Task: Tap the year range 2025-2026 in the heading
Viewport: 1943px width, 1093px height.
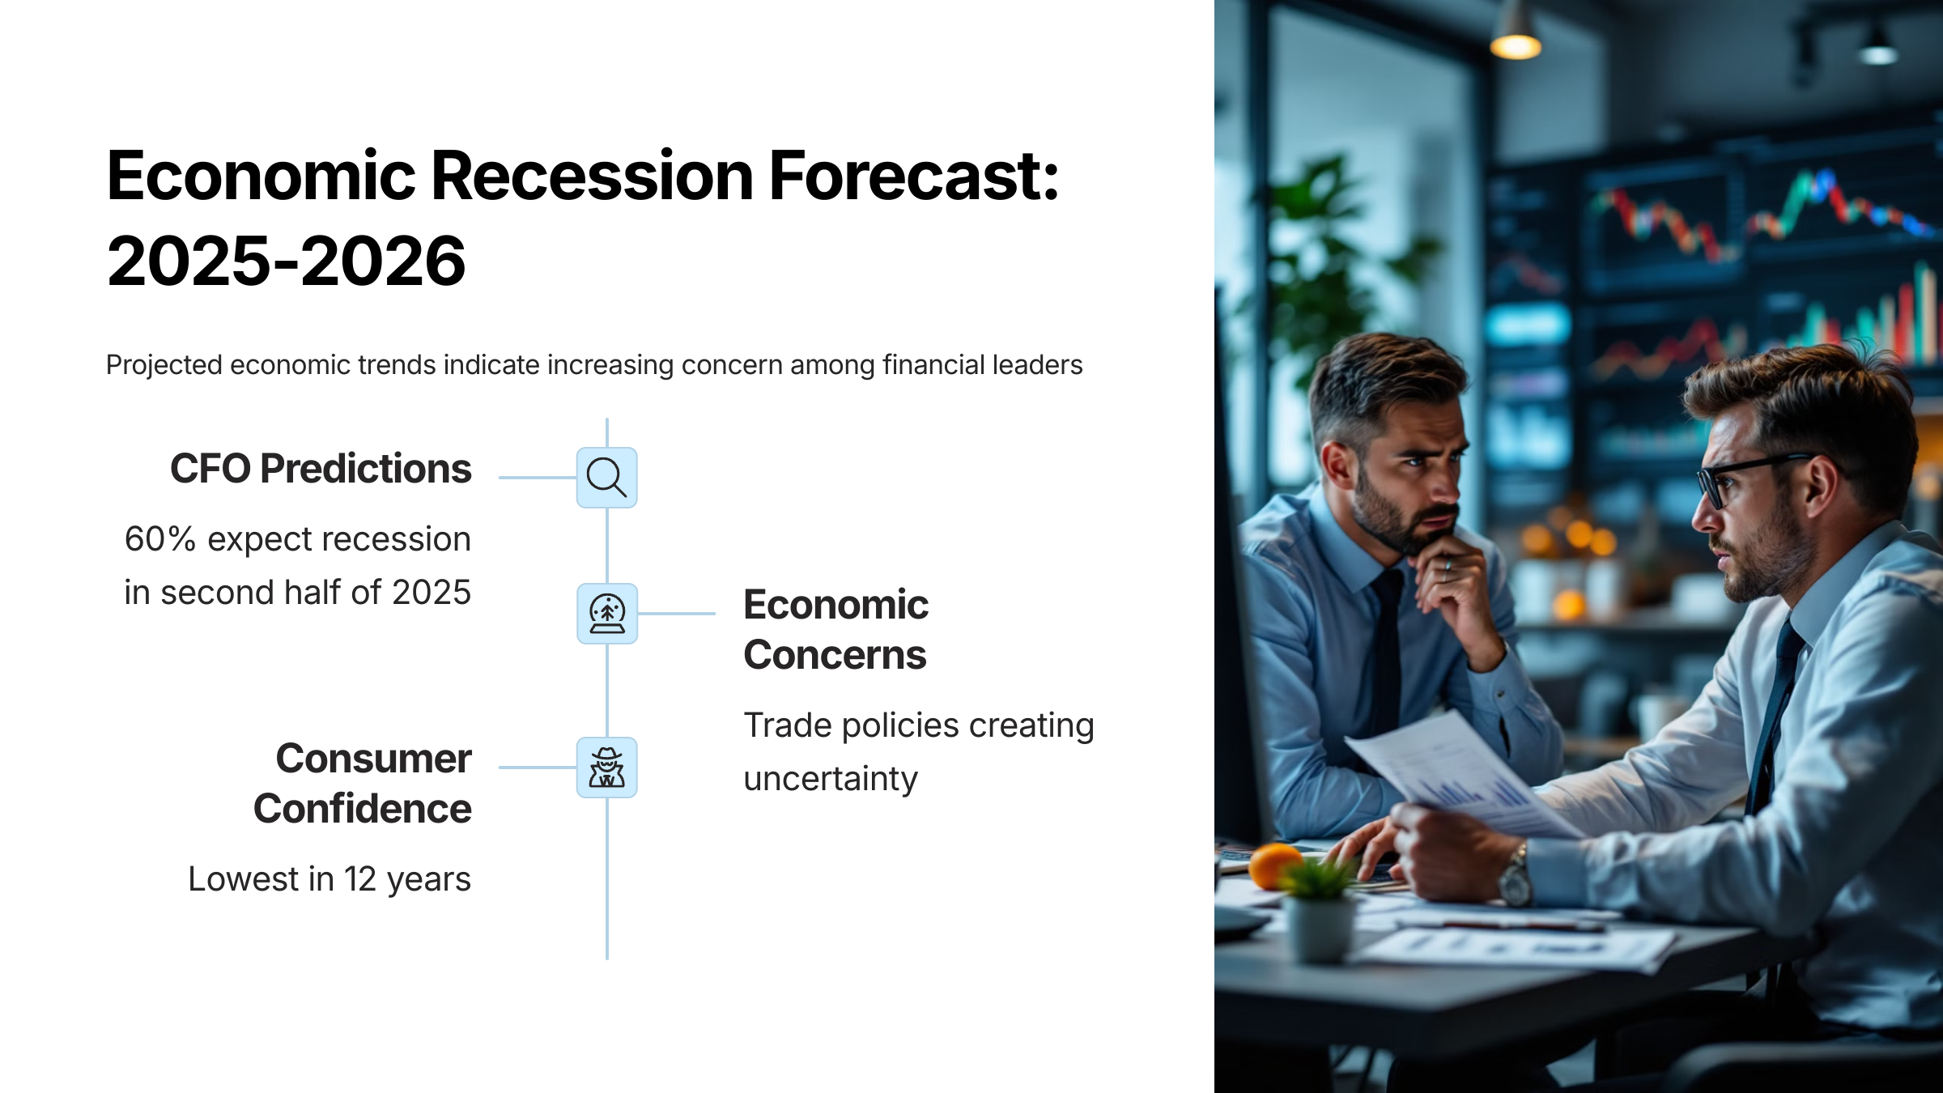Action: click(287, 262)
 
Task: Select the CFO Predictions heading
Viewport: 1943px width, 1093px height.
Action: click(321, 469)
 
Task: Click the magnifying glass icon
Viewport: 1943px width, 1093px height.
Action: click(606, 478)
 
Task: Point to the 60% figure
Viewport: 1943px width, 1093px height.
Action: click(160, 539)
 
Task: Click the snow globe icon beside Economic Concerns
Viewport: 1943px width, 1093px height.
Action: click(607, 614)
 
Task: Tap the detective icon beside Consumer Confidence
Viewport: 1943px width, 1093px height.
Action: click(607, 768)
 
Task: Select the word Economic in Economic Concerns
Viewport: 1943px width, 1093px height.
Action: click(835, 605)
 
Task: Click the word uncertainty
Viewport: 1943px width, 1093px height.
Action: click(831, 780)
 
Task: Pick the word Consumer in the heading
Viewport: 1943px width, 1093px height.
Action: click(374, 759)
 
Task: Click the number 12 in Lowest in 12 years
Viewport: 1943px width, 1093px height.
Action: click(360, 879)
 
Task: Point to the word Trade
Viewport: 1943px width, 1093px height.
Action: click(788, 725)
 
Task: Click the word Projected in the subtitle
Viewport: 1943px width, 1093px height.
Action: click(164, 365)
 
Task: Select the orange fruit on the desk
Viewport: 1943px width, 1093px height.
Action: click(1274, 865)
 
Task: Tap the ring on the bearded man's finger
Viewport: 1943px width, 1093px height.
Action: click(1448, 564)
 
